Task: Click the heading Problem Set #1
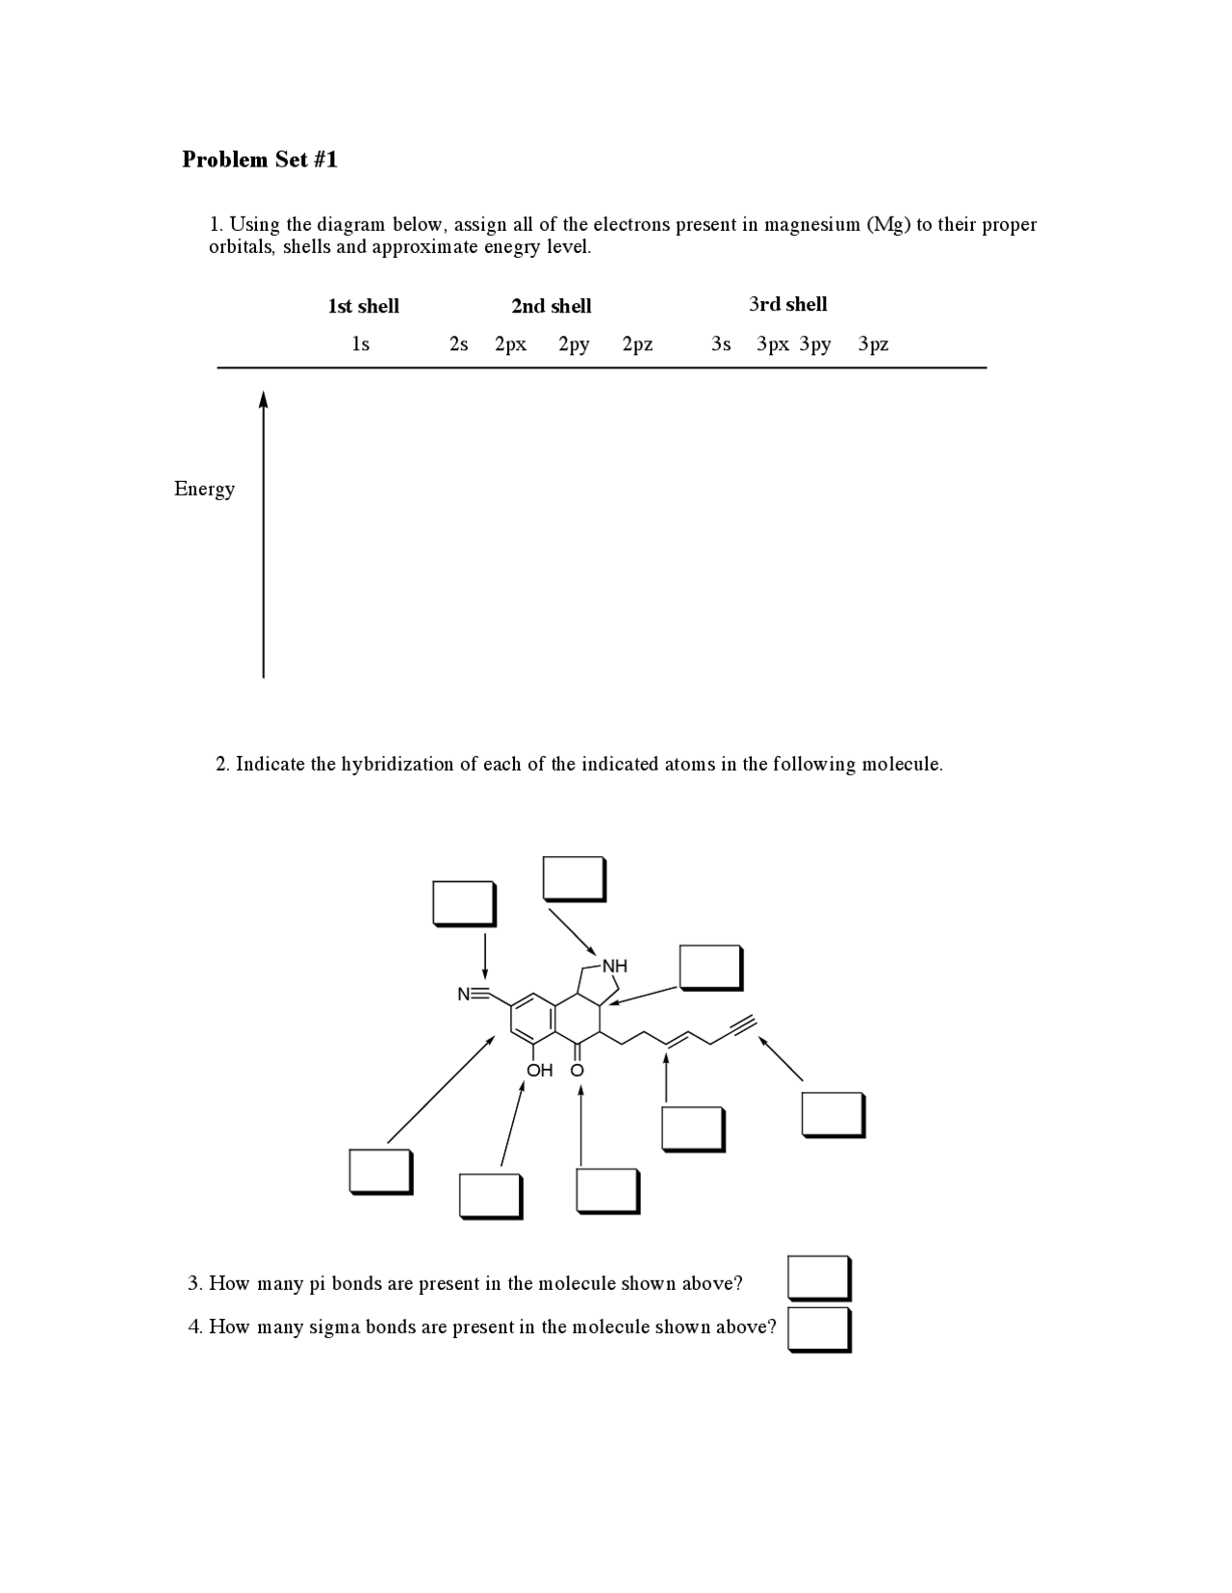(x=260, y=160)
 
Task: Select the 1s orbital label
(x=360, y=343)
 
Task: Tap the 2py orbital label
(x=574, y=343)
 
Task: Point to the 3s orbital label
(x=721, y=343)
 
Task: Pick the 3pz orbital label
(x=873, y=343)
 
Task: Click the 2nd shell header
(x=551, y=306)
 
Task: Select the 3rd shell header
(x=787, y=304)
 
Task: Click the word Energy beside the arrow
(x=204, y=489)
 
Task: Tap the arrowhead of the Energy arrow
(x=263, y=398)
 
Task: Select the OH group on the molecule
(x=540, y=1070)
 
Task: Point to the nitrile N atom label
(x=464, y=995)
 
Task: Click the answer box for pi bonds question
(x=818, y=1277)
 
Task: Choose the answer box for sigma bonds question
(x=818, y=1328)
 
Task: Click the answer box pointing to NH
(x=574, y=878)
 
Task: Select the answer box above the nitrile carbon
(x=464, y=903)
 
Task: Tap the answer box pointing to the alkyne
(x=833, y=1114)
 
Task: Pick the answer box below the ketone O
(x=607, y=1191)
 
